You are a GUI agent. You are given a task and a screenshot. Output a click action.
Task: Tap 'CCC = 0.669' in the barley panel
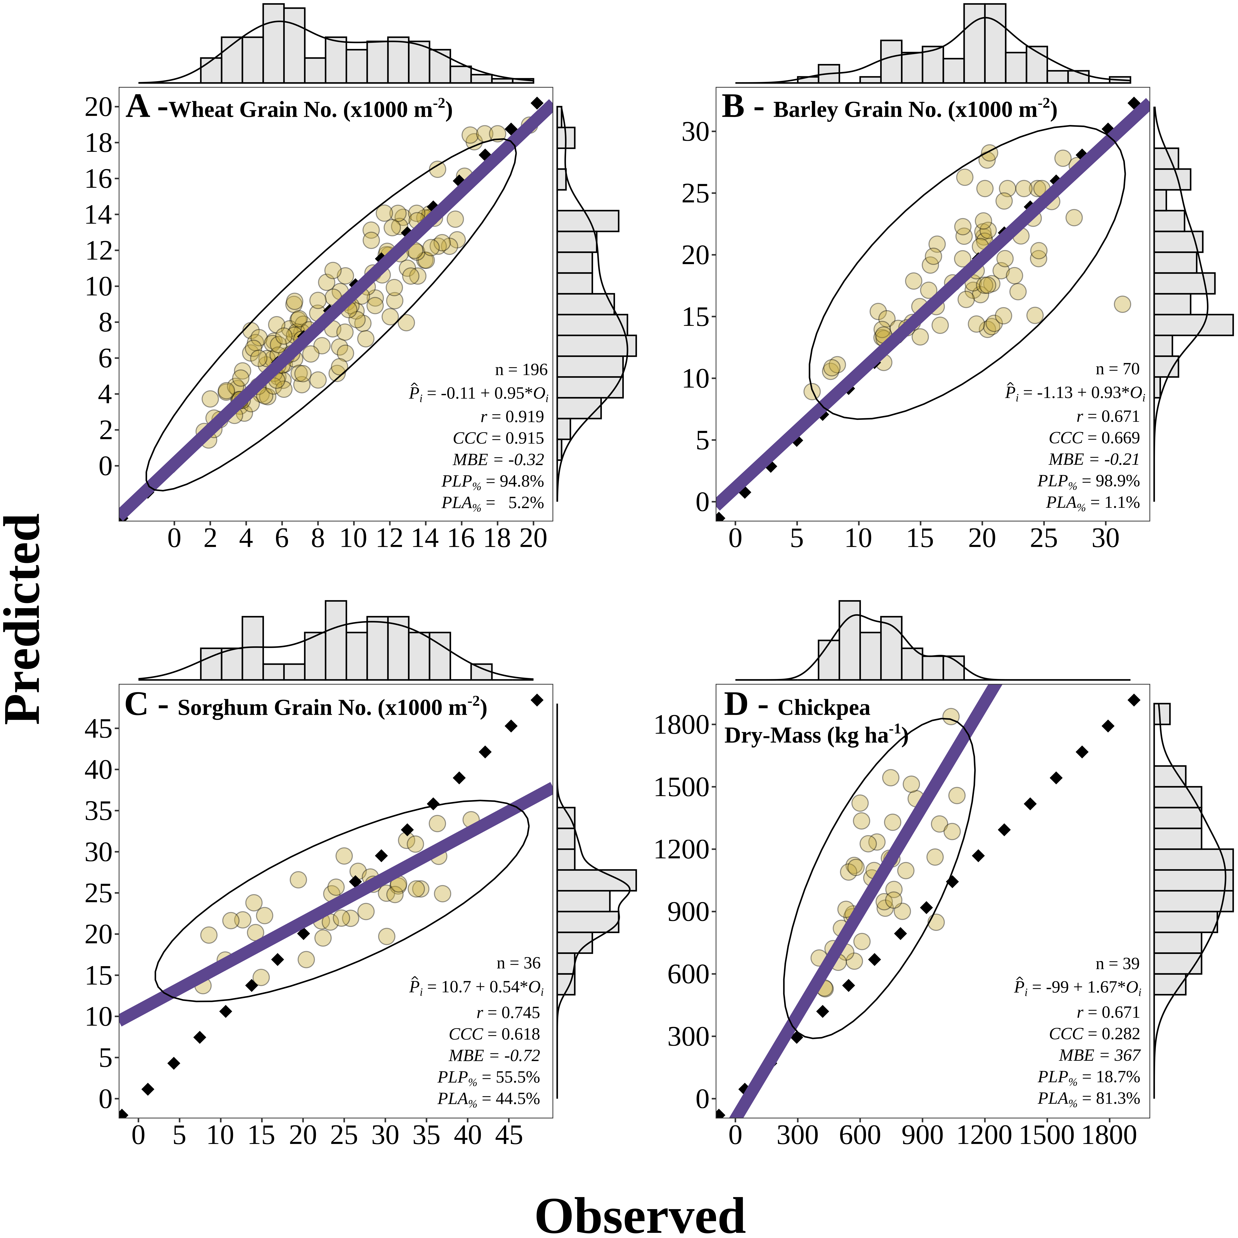(1094, 438)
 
